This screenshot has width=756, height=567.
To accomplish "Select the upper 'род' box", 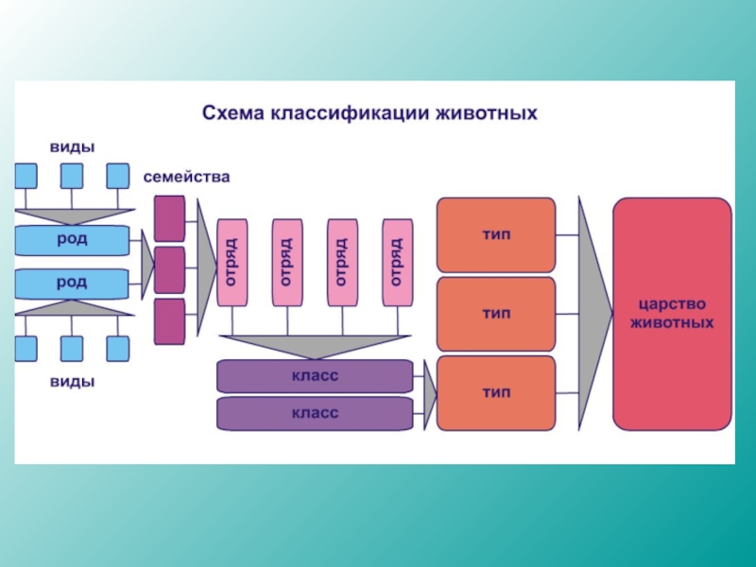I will point(72,239).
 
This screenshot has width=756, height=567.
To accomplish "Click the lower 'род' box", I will point(72,283).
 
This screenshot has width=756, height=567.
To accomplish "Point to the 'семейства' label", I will point(186,177).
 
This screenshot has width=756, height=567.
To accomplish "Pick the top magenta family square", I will point(169,218).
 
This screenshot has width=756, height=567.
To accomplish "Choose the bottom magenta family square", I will point(169,321).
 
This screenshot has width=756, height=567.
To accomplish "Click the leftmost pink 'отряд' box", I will point(232,262).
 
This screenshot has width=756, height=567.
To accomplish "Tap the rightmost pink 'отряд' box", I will point(398,262).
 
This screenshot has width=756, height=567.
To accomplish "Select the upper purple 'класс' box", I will point(315,375).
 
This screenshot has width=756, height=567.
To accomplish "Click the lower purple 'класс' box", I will point(315,412).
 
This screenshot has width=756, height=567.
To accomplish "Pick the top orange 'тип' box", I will point(496,234).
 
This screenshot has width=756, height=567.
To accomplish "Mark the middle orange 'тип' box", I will point(496,314).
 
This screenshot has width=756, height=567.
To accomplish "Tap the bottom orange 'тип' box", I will point(496,392).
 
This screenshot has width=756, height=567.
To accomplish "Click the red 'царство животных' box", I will point(672,314).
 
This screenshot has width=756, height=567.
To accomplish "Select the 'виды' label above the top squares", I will point(72,146).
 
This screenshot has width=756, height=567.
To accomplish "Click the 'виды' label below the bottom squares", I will point(72,383).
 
